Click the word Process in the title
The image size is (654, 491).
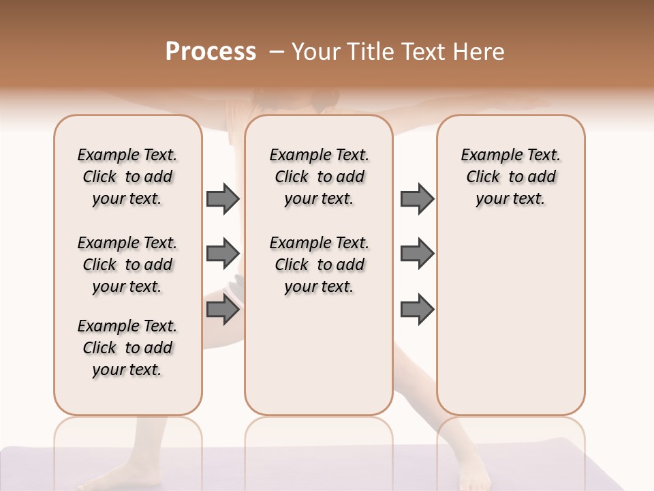pyautogui.click(x=211, y=52)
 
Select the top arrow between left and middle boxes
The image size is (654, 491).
pyautogui.click(x=223, y=198)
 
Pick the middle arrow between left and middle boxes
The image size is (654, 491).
pyautogui.click(x=223, y=254)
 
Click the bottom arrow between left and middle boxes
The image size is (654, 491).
pyautogui.click(x=223, y=310)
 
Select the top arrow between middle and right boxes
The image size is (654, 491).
pyautogui.click(x=417, y=198)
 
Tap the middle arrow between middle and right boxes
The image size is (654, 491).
pyautogui.click(x=417, y=254)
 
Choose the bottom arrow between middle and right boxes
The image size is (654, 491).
pyautogui.click(x=417, y=310)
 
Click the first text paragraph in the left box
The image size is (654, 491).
pyautogui.click(x=127, y=177)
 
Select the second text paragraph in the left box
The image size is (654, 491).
pyautogui.click(x=127, y=265)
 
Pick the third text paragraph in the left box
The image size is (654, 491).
pyautogui.click(x=127, y=348)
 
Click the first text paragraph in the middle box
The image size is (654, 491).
pyautogui.click(x=320, y=177)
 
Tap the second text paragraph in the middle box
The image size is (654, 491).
pyautogui.click(x=320, y=265)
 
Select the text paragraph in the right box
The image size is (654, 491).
pyautogui.click(x=511, y=177)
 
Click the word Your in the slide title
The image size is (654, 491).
pyautogui.click(x=316, y=52)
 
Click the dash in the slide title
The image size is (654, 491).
pyautogui.click(x=277, y=52)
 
